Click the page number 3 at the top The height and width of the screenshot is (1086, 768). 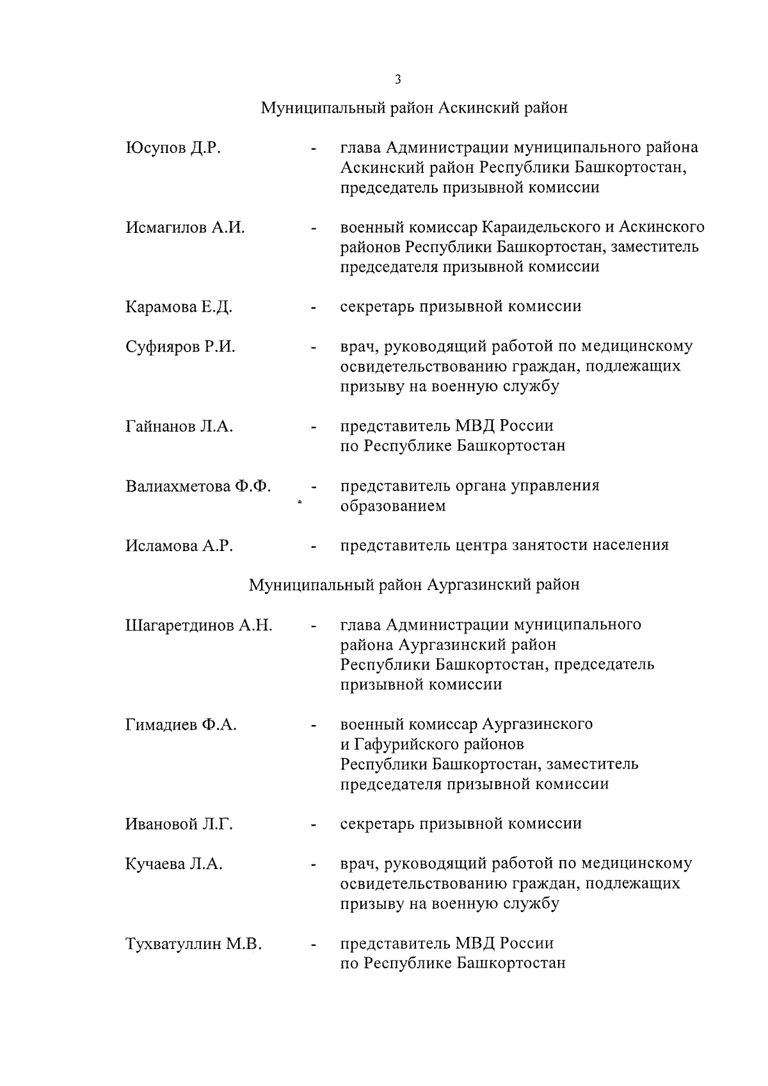tap(397, 79)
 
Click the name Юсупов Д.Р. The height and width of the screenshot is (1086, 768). tap(173, 148)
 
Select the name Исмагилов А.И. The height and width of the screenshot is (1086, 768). tap(185, 227)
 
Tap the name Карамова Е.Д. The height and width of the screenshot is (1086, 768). tap(179, 307)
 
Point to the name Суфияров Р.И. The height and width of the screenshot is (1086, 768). tap(180, 347)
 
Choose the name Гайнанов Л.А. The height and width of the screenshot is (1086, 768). tap(179, 426)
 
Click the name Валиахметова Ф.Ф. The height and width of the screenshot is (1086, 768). tap(198, 486)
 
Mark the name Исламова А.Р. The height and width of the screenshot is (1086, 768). tap(179, 546)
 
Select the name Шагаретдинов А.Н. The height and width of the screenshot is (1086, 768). tap(199, 625)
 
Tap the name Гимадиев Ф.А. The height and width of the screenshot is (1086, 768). tap(181, 725)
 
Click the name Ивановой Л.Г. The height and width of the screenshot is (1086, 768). tap(179, 824)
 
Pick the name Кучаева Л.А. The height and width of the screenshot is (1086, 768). tap(174, 864)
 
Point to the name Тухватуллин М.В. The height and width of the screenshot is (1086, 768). tap(194, 944)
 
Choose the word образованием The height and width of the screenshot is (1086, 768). tap(393, 506)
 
